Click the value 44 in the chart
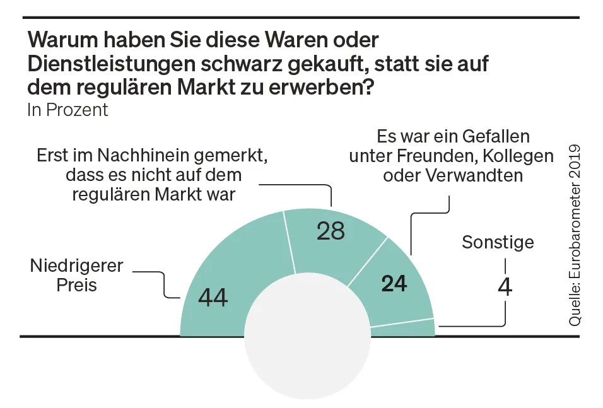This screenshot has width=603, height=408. pos(213,296)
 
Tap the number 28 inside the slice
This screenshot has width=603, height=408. pos(331,231)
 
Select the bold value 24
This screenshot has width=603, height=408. pos(395,284)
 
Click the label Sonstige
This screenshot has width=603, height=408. pos(498,242)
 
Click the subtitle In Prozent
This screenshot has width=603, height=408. pos(67,110)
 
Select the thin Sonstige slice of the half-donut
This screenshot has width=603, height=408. pos(404,329)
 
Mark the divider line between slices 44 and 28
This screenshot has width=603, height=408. pos(290,243)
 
